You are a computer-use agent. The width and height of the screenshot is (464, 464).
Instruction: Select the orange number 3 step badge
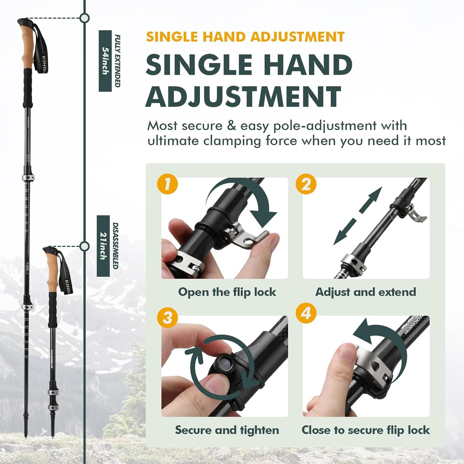pos(167,318)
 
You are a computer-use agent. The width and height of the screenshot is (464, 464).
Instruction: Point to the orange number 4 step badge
pos(306,312)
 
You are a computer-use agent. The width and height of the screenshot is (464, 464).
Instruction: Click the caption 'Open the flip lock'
pos(227,292)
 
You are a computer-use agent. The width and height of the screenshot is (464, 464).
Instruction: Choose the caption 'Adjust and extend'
pos(366,292)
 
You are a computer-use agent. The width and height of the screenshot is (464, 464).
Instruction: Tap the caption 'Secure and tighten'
pos(227,430)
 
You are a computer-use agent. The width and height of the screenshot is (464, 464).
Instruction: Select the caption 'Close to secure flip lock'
pos(366,430)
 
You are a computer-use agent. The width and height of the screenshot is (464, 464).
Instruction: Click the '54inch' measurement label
pos(105,61)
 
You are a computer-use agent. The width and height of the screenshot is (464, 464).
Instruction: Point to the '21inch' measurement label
pos(103,246)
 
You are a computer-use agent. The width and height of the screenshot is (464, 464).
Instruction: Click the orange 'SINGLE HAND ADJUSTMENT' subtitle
pos(245,37)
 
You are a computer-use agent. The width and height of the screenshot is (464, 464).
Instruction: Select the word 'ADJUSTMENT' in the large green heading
pos(243,96)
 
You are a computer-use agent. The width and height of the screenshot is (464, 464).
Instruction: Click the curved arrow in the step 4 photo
pos(379,337)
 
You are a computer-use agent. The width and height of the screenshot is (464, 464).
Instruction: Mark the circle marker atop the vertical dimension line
pos(84,18)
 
